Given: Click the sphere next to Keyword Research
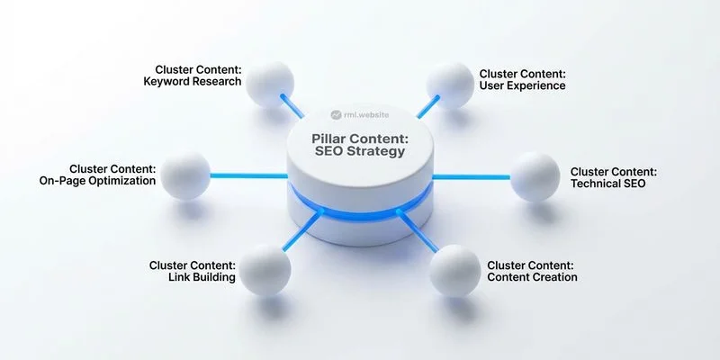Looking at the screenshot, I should pyautogui.click(x=269, y=82).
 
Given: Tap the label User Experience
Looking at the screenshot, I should pyautogui.click(x=522, y=85).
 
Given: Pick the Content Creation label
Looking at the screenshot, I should pyautogui.click(x=532, y=277).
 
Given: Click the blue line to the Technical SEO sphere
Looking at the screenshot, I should pyautogui.click(x=472, y=176).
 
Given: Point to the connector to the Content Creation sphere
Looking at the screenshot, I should pyautogui.click(x=418, y=234).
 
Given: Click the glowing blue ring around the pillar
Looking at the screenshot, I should pyautogui.click(x=360, y=212).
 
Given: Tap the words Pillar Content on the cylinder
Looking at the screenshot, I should pyautogui.click(x=360, y=136).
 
